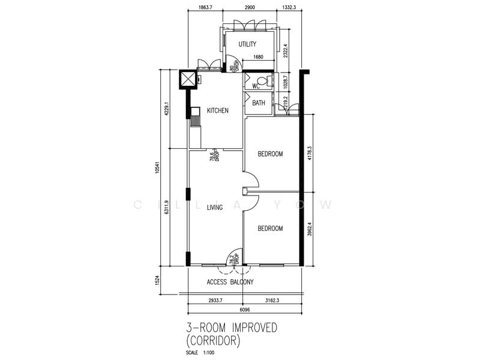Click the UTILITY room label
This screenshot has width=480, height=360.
click(247, 44)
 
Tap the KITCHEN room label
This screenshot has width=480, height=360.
click(217, 111)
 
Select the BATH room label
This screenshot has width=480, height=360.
click(259, 103)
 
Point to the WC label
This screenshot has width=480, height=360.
click(255, 86)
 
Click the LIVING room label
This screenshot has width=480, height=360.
click(215, 208)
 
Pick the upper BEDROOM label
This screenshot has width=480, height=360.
click(270, 154)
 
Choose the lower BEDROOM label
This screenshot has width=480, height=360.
click(270, 229)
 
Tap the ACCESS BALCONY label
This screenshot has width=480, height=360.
click(230, 282)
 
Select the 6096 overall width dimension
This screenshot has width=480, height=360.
click(245, 310)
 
